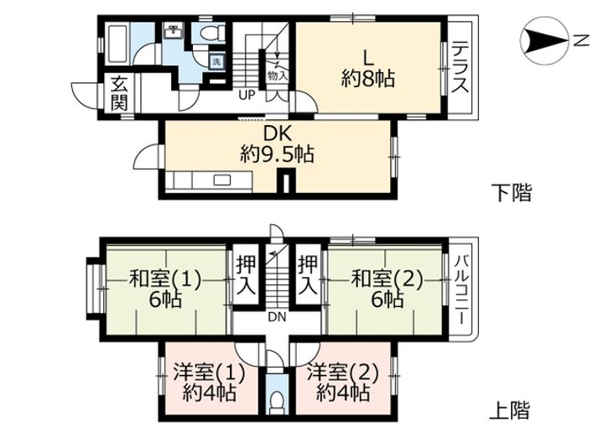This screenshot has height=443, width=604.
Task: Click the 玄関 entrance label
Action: coord(119,93)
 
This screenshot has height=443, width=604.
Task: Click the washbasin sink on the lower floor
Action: coord(174,34)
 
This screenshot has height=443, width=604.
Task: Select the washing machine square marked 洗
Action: coord(215,62)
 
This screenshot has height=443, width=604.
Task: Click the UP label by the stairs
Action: coord(247,94)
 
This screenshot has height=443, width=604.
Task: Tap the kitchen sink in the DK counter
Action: coord(223,180)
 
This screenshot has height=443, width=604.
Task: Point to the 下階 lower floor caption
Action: coord(510,193)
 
